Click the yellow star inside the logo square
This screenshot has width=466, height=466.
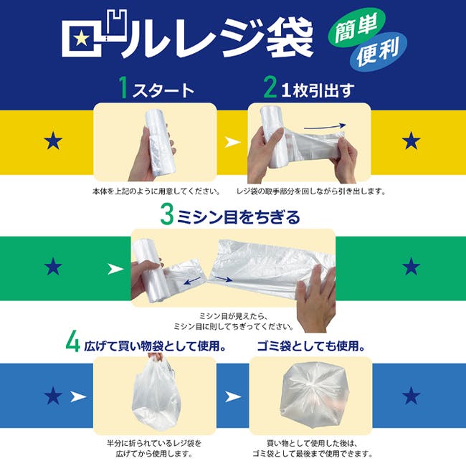click(82, 39)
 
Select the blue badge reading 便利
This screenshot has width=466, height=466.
click(378, 52)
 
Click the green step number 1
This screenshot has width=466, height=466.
click(123, 87)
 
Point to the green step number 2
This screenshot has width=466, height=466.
click(270, 87)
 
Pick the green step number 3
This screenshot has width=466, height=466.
click(167, 214)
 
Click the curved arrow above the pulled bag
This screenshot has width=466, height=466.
click(325, 127)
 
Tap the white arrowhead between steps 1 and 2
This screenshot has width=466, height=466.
click(232, 142)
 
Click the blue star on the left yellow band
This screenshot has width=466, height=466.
click(53, 141)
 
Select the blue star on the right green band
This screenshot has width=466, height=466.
click(411, 266)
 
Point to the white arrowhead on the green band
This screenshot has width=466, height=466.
click(115, 269)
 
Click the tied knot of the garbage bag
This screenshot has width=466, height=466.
click(312, 385)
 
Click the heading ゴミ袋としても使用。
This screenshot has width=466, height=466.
click(311, 346)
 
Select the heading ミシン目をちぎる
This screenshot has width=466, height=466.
click(238, 217)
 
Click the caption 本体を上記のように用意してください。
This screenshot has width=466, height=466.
click(156, 191)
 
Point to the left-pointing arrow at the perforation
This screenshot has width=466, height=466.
click(192, 280)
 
